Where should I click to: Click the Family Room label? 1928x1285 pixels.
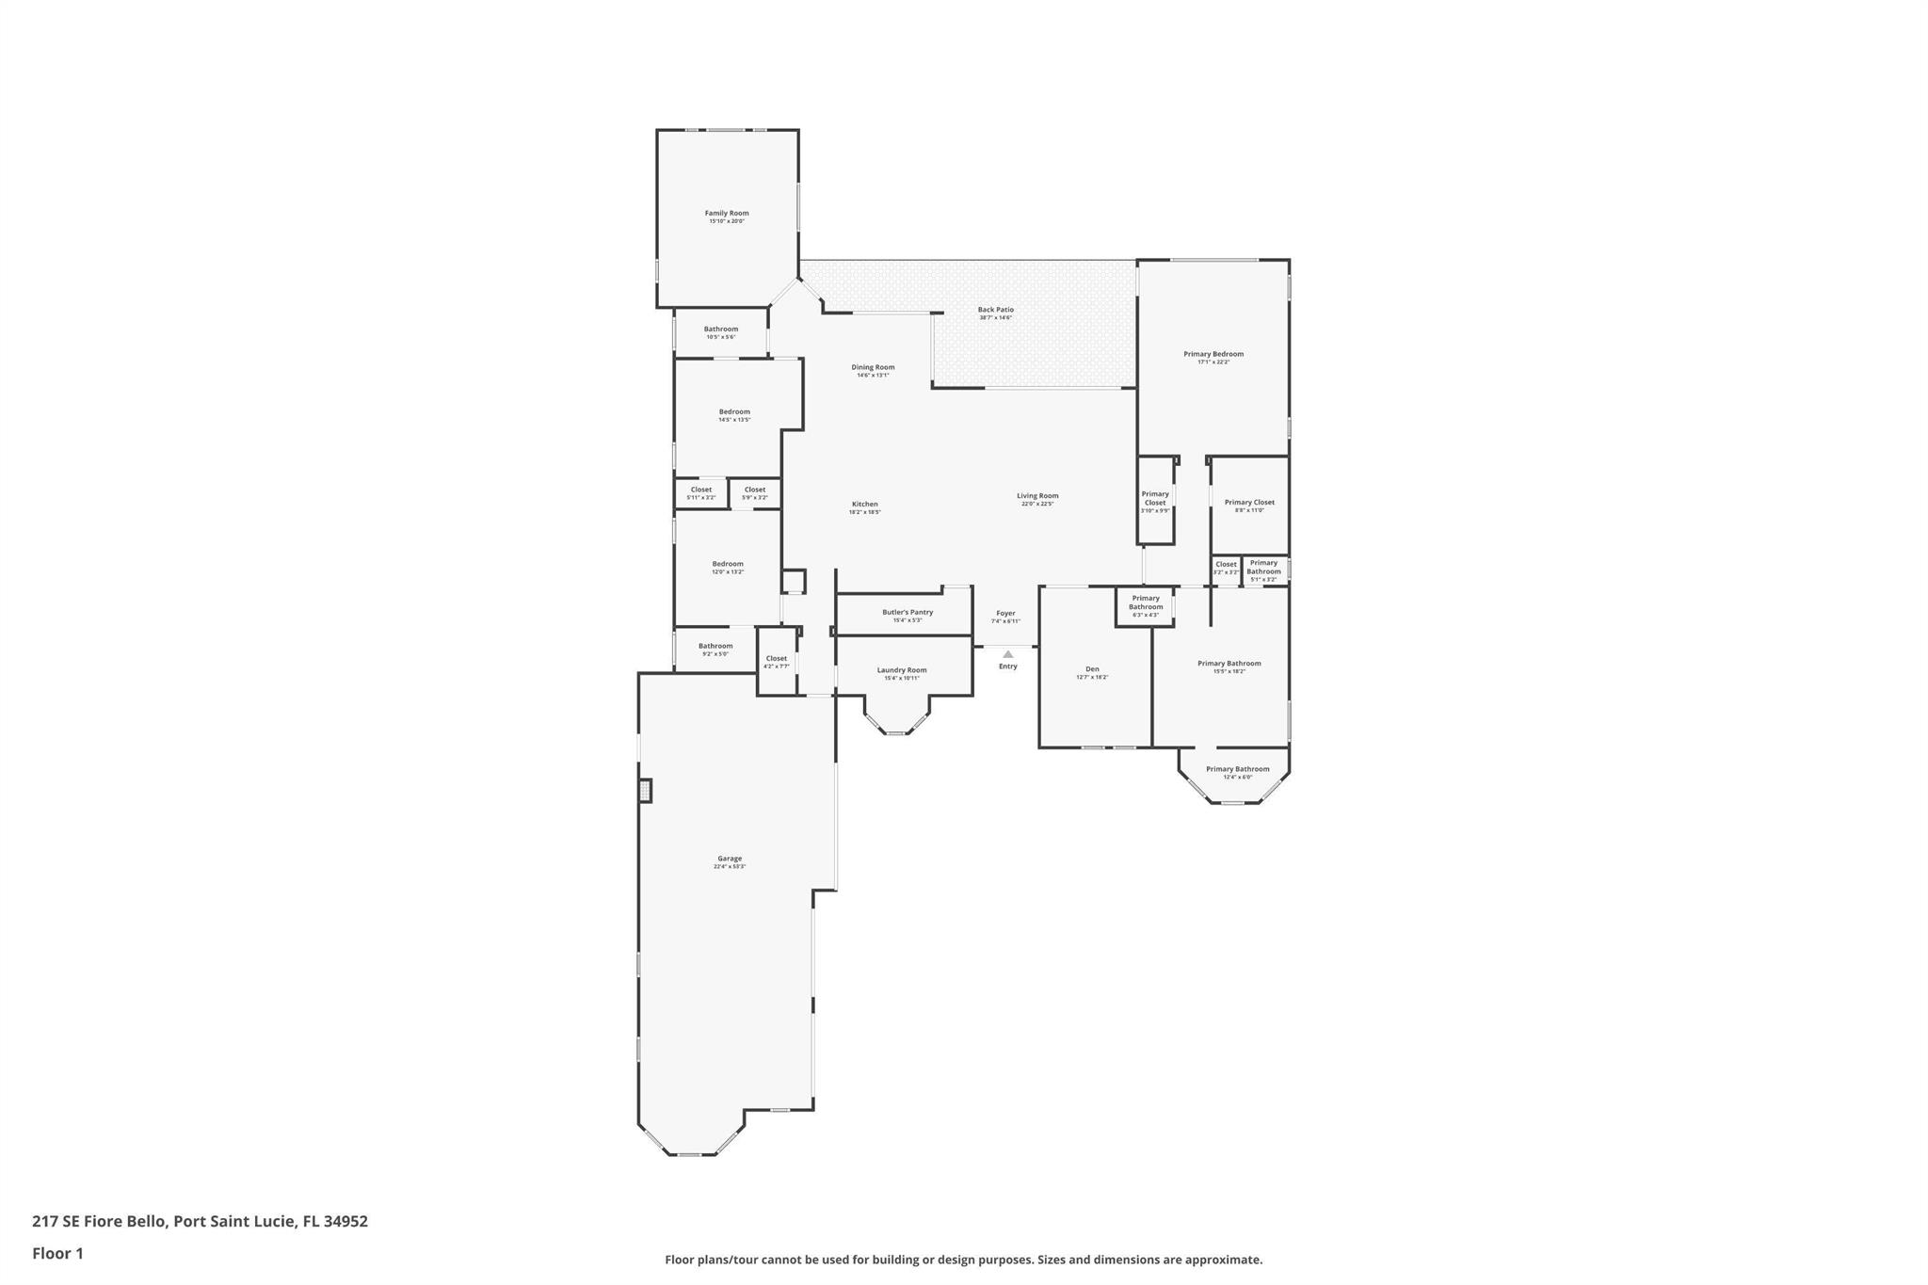727,214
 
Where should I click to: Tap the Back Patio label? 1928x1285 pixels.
995,310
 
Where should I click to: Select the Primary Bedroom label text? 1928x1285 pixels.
1213,354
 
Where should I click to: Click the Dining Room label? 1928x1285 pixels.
873,367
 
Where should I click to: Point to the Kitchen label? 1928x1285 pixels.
864,505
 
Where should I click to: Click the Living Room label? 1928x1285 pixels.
1037,496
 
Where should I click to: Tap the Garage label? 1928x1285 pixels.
730,859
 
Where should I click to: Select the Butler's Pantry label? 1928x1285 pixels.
908,613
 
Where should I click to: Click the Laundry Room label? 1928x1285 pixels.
902,670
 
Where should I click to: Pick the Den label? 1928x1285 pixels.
1092,669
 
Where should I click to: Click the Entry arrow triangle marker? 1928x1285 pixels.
1008,654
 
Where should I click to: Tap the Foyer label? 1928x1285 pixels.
1005,614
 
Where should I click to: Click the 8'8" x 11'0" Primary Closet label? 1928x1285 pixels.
1249,503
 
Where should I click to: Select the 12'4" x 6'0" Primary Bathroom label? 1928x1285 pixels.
1237,769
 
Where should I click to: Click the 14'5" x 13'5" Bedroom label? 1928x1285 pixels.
734,412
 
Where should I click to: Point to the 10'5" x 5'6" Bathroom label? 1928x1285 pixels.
721,329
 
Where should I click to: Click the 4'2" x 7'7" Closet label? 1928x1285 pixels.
777,659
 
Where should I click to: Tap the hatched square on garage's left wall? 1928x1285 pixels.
645,790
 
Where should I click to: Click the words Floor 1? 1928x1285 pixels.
57,1253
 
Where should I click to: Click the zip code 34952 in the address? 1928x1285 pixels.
345,1221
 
